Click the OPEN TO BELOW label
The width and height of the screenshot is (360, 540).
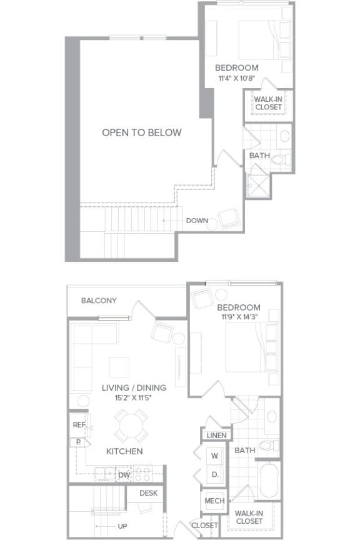[x=142, y=132]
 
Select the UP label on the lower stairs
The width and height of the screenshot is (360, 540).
[x=122, y=526]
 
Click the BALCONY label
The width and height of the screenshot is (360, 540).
[x=99, y=301]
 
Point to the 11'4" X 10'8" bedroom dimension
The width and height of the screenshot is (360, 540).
[x=236, y=78]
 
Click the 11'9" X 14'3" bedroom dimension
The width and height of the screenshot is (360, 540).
[x=238, y=317]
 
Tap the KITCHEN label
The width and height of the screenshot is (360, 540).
[x=124, y=451]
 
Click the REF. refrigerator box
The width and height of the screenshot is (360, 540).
[x=79, y=424]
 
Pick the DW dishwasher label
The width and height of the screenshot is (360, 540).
[x=124, y=475]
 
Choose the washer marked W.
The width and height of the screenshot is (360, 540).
[x=214, y=456]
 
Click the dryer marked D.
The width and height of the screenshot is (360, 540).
[x=214, y=475]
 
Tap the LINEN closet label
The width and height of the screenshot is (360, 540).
[x=215, y=434]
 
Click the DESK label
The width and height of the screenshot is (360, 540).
[x=149, y=493]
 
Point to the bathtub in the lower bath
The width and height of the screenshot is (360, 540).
[x=268, y=480]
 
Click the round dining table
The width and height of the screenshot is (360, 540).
[x=131, y=426]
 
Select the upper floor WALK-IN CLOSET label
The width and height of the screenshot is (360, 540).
[x=268, y=103]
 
